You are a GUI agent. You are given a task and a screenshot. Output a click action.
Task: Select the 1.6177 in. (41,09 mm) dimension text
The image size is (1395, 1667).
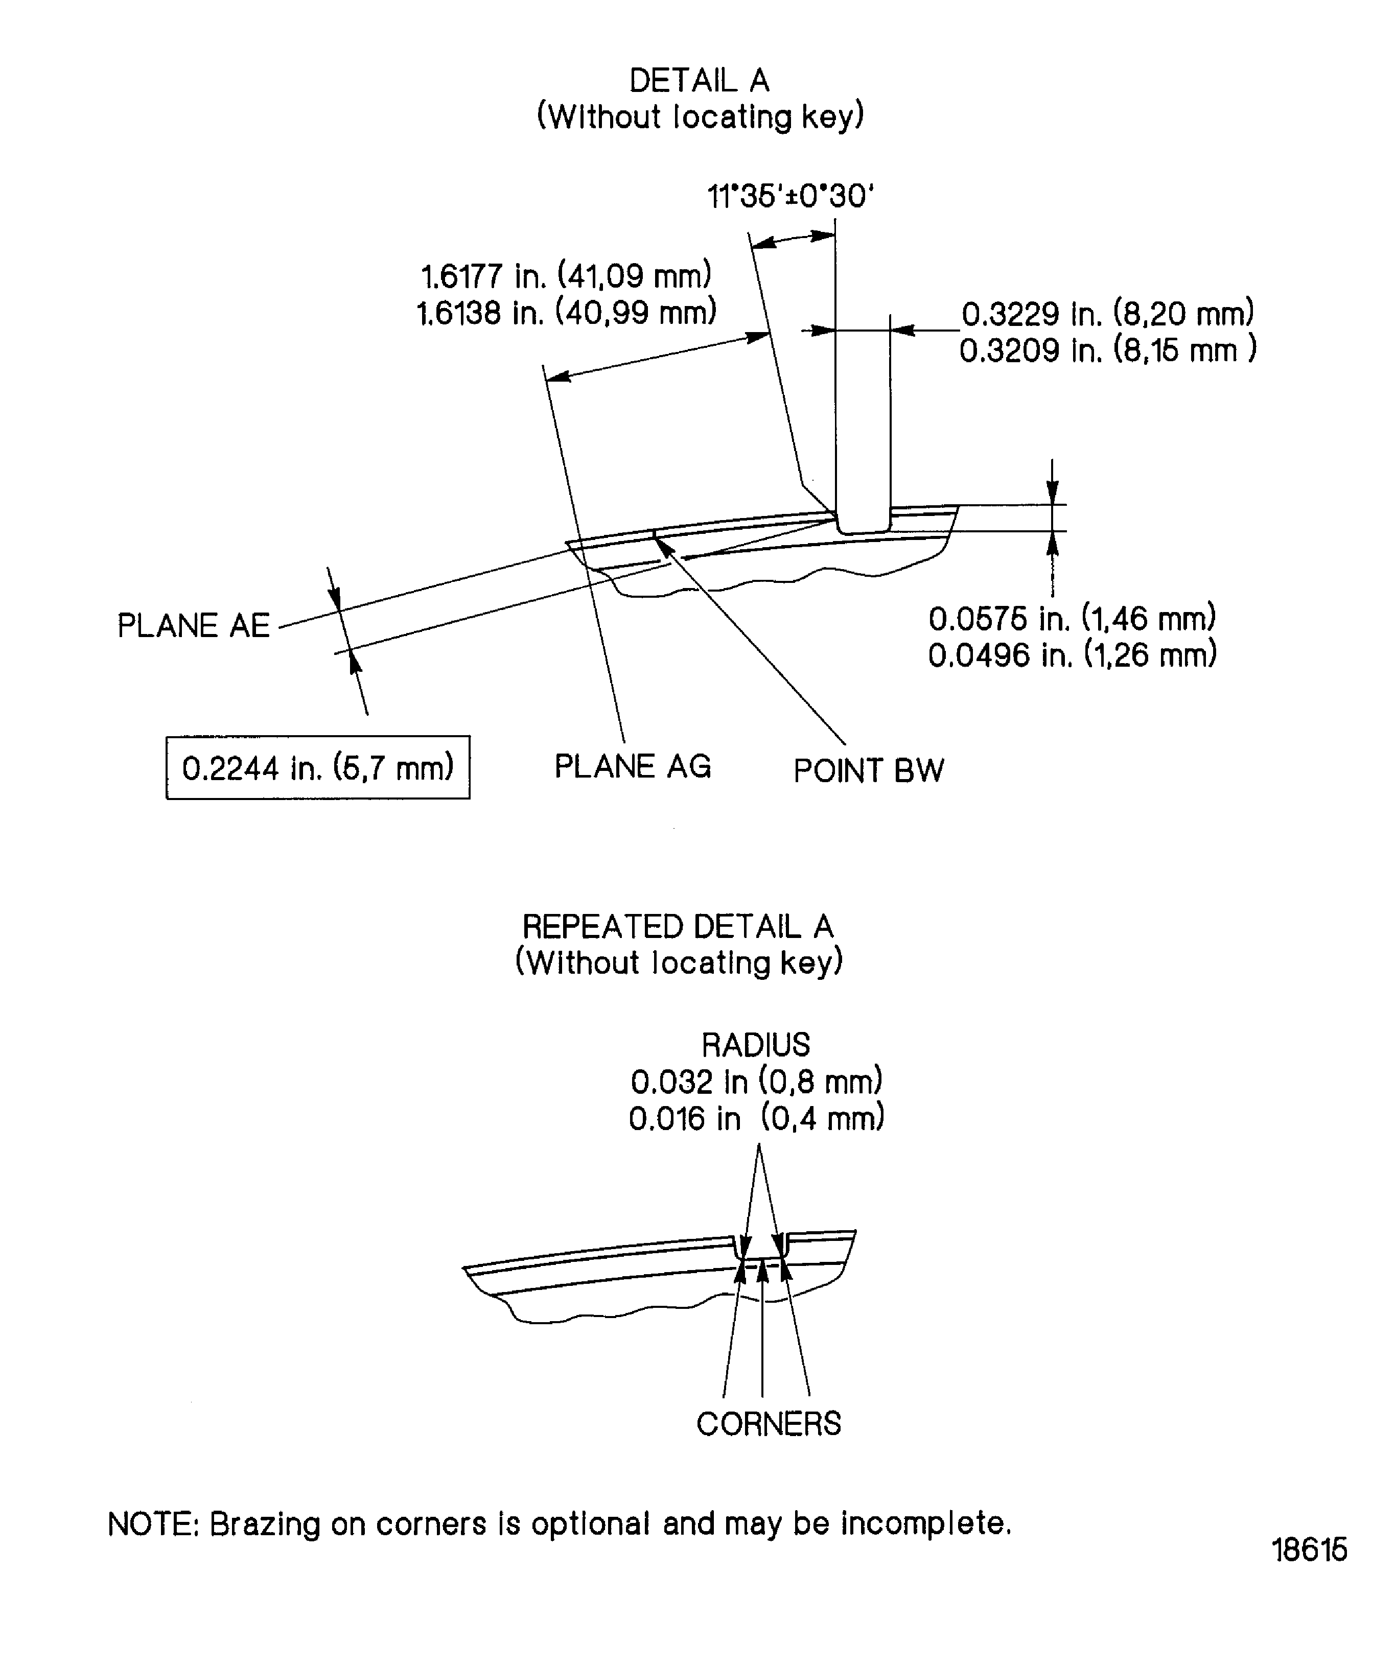click(566, 276)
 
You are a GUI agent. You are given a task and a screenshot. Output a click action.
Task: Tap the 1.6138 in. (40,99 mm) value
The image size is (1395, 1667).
click(566, 313)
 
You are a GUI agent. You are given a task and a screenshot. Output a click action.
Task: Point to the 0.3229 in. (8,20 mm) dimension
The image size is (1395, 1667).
click(1108, 314)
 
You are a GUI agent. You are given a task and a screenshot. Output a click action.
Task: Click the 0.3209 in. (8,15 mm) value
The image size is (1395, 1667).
click(1108, 350)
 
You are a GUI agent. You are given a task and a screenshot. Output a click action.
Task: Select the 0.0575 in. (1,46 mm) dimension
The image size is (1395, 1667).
click(1072, 618)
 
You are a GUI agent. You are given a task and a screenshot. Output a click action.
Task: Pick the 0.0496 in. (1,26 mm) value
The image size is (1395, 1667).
click(1072, 655)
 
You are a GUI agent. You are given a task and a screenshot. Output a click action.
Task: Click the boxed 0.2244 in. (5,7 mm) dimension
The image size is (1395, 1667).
click(318, 768)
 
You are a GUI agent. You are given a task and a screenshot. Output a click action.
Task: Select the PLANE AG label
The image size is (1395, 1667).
click(632, 766)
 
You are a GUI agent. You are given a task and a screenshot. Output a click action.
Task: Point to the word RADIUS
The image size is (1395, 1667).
click(756, 1045)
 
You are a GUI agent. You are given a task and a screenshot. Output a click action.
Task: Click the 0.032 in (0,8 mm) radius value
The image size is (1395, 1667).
click(756, 1081)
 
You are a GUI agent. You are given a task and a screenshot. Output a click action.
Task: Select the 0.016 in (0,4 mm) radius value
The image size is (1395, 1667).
click(756, 1118)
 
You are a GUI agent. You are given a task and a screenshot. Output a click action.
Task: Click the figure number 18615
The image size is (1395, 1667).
click(1309, 1549)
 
